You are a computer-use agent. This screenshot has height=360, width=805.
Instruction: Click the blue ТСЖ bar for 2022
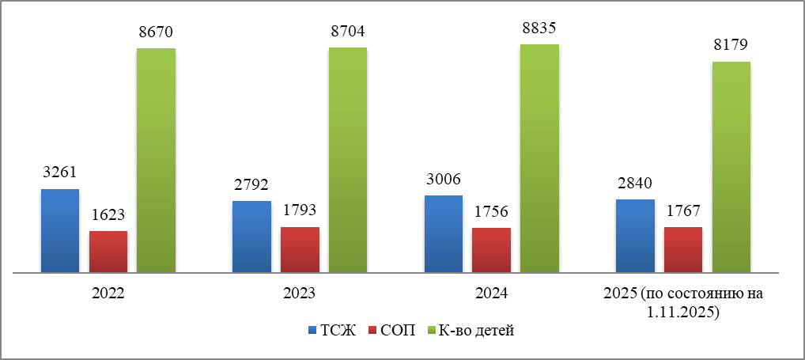click(60, 231)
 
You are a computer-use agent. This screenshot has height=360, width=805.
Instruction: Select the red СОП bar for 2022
click(108, 252)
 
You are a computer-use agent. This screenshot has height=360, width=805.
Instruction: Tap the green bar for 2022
click(156, 161)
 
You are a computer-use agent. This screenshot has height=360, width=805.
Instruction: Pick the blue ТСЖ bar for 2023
click(251, 237)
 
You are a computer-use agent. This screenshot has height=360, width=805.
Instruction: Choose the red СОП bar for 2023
click(300, 250)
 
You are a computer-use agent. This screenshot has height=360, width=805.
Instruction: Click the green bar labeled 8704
click(348, 160)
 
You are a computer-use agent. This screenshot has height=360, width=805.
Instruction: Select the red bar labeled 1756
click(491, 251)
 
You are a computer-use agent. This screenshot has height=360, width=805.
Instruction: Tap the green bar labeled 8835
click(539, 158)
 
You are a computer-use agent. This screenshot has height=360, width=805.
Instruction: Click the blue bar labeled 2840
click(635, 236)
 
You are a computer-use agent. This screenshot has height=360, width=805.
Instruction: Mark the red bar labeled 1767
click(683, 250)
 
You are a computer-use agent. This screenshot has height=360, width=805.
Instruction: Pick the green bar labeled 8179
click(731, 167)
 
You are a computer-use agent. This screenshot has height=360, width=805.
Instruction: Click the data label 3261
click(60, 173)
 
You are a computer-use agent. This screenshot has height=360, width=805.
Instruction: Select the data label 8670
click(156, 32)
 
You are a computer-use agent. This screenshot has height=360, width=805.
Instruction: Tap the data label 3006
click(444, 180)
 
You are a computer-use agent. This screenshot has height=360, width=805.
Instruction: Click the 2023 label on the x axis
click(300, 294)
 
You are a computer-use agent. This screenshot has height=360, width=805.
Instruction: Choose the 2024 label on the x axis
click(492, 294)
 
